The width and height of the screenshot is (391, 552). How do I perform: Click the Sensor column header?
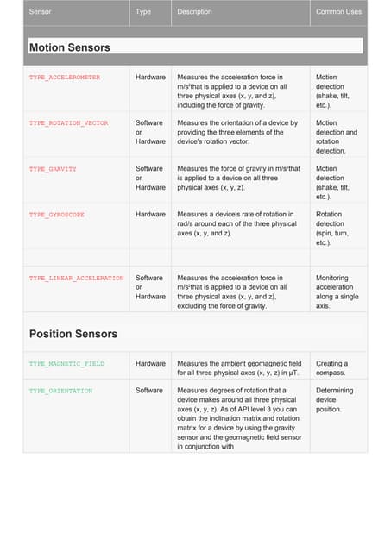pyautogui.click(x=41, y=12)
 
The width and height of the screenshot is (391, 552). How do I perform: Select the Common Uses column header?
pyautogui.click(x=338, y=12)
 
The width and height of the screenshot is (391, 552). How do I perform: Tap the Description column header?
pyautogui.click(x=194, y=12)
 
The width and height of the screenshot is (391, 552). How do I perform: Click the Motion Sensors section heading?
pyautogui.click(x=70, y=47)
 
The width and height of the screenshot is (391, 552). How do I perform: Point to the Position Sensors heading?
pyautogui.click(x=73, y=334)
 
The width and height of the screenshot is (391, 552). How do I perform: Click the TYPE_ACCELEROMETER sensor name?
pyautogui.click(x=65, y=78)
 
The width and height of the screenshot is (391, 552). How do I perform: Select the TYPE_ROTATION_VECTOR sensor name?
pyautogui.click(x=69, y=123)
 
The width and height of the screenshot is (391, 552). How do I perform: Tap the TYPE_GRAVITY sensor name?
pyautogui.click(x=54, y=169)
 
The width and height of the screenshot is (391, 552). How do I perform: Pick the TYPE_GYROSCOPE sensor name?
pyautogui.click(x=57, y=215)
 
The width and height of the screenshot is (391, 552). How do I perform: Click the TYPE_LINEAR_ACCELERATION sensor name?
pyautogui.click(x=77, y=279)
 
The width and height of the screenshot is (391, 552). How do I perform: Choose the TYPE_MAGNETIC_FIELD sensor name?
pyautogui.click(x=67, y=364)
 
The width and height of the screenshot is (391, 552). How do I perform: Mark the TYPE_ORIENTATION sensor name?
pyautogui.click(x=61, y=392)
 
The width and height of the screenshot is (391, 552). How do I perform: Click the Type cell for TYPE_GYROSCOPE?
pyautogui.click(x=150, y=215)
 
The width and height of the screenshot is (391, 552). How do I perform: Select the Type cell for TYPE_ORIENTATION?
pyautogui.click(x=149, y=392)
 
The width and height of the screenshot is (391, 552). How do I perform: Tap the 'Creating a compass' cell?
pyautogui.click(x=332, y=368)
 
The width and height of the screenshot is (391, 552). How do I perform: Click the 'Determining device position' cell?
pyautogui.click(x=335, y=400)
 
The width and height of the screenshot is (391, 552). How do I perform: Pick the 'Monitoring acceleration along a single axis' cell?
pyautogui.click(x=335, y=292)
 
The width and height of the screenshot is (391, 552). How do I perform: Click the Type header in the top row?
pyautogui.click(x=143, y=12)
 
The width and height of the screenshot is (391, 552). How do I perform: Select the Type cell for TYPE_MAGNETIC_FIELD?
pyautogui.click(x=150, y=364)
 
